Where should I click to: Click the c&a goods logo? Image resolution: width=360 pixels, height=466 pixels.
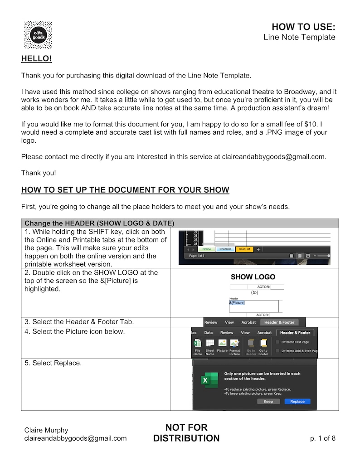point(38,35)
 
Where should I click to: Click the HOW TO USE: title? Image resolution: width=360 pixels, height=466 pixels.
point(303,26)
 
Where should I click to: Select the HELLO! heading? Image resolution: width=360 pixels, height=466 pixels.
point(36,59)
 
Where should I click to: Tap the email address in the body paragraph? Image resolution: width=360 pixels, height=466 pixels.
point(273,157)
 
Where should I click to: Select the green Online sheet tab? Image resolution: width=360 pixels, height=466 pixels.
point(206,249)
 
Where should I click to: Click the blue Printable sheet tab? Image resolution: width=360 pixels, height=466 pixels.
point(225,249)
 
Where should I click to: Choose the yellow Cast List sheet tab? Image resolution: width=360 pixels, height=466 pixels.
point(244,249)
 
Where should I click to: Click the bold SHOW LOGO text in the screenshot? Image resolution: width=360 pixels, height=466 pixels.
point(253,277)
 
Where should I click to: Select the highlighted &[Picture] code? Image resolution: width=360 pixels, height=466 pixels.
point(237,302)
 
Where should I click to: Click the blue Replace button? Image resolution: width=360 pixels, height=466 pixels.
point(297,402)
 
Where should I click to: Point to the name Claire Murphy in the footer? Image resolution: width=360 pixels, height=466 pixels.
point(46,430)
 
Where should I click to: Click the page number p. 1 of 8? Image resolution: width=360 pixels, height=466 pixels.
point(323,438)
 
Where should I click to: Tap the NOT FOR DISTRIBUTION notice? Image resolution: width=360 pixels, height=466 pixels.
point(186,433)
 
